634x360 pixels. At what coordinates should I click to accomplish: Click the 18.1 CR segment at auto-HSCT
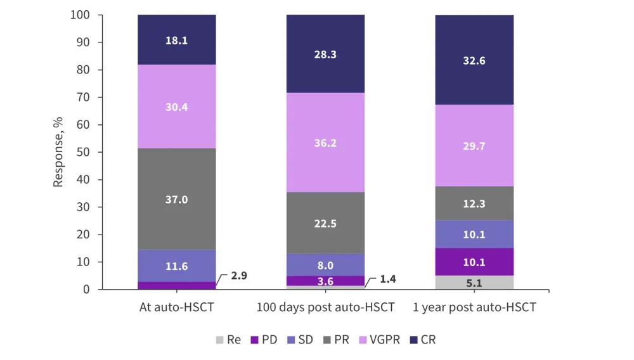(x=176, y=40)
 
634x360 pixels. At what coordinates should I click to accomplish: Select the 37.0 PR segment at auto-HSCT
(x=176, y=199)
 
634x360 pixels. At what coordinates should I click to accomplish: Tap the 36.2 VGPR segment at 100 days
(x=325, y=143)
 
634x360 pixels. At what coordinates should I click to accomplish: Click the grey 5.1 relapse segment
(x=474, y=283)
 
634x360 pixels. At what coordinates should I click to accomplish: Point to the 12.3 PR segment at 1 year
(x=474, y=203)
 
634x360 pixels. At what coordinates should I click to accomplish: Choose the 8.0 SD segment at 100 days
(x=325, y=265)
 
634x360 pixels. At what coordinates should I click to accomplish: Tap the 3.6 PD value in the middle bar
(x=325, y=281)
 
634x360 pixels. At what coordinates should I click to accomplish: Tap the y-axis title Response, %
(x=58, y=152)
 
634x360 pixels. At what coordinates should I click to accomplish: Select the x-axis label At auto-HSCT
(x=176, y=308)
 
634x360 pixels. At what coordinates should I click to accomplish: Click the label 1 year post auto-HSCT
(x=474, y=308)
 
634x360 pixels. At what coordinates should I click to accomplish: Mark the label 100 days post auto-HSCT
(x=325, y=308)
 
